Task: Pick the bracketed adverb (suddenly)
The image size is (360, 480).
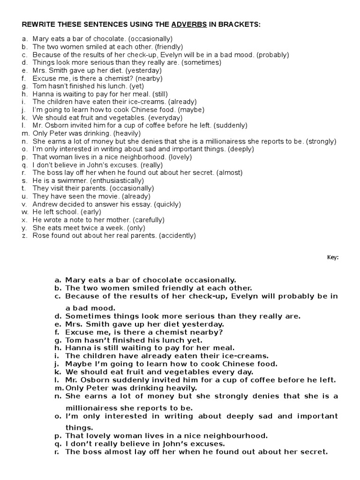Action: tap(231, 126)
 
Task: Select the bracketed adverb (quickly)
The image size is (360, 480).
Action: tap(165, 204)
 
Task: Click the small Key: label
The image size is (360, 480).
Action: tap(332, 257)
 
